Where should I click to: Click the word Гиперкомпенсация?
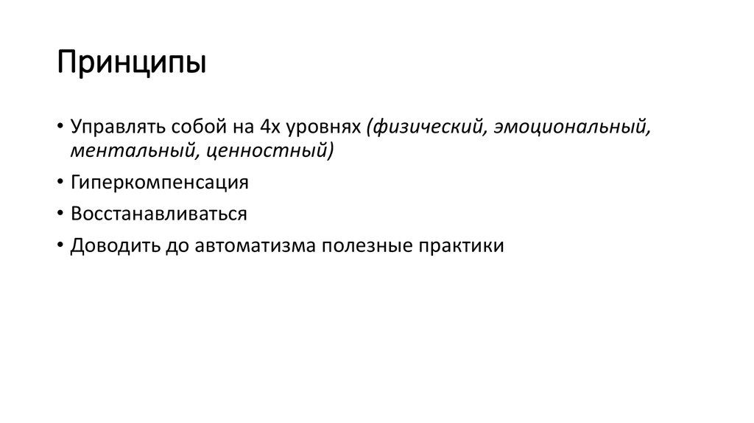160,183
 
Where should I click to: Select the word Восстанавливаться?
158,214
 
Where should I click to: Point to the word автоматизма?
255,245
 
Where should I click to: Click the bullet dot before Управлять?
58,127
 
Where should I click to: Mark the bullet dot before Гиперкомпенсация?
58,183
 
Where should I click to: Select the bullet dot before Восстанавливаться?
58,214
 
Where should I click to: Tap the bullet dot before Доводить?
58,246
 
